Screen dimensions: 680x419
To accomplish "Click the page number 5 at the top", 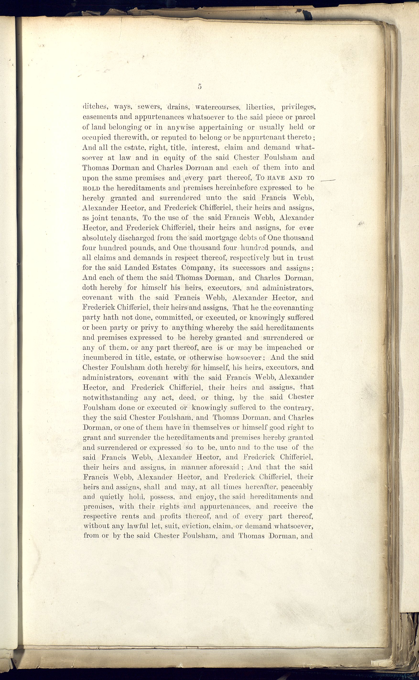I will [200, 86].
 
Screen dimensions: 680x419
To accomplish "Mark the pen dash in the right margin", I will [328, 180].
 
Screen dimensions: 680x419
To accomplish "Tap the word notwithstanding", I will [110, 398].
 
